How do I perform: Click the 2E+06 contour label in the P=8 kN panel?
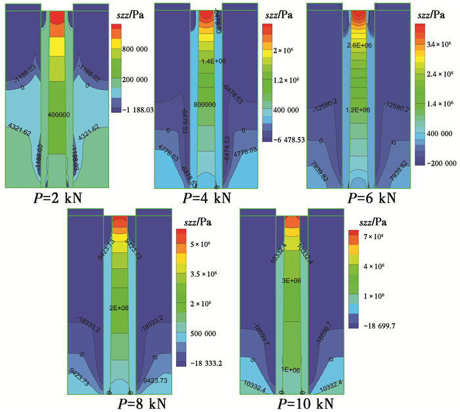point(120,308)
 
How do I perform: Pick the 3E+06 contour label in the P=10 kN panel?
point(291,281)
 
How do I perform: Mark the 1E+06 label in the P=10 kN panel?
point(291,370)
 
